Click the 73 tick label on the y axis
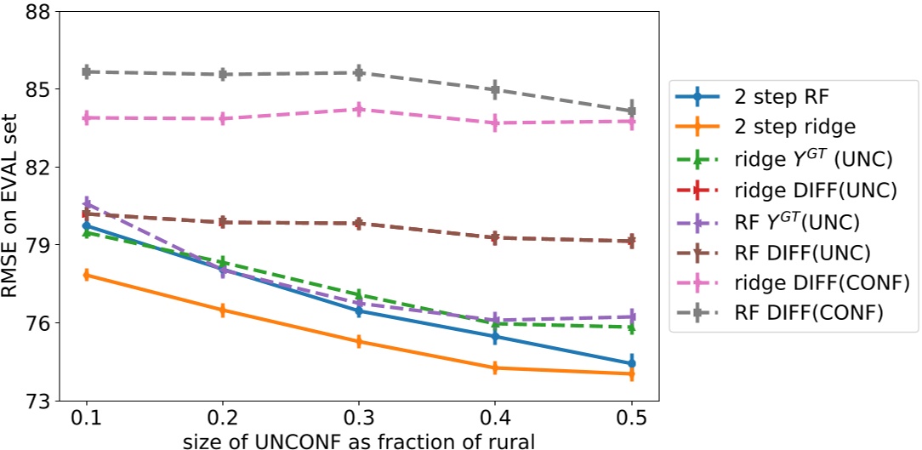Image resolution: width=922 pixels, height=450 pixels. [37, 401]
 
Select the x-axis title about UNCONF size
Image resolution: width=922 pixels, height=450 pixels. [358, 440]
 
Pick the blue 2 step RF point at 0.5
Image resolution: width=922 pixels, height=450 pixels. [632, 363]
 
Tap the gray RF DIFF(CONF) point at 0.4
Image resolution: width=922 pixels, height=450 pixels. [495, 89]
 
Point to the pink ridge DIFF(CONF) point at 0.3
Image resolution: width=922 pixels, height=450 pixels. [359, 109]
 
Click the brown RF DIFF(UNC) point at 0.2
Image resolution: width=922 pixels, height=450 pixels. [222, 222]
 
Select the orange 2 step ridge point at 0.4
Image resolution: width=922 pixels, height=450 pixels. [495, 368]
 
